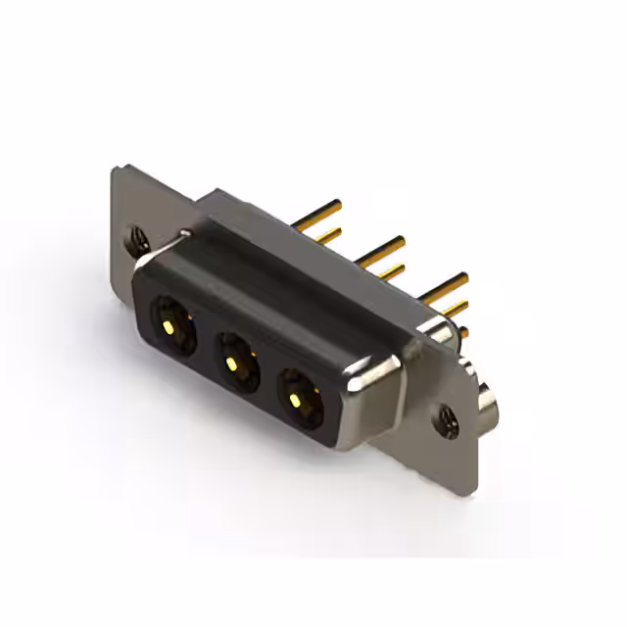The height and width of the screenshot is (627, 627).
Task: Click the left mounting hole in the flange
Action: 136,237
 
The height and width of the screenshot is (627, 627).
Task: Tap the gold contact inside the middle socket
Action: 231,363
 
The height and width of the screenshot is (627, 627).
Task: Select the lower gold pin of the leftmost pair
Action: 327,233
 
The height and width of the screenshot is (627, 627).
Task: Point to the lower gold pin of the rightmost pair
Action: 453,308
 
